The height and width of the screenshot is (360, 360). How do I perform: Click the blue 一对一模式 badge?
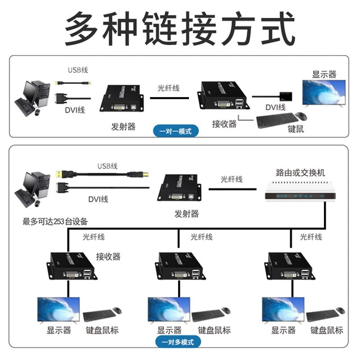pos(176,131)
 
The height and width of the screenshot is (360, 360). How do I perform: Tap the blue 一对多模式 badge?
pos(178,342)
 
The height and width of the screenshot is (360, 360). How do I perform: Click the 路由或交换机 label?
pos(301,173)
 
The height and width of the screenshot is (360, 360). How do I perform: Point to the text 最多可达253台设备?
pos(55,221)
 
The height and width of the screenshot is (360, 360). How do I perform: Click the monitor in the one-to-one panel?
pos(324,93)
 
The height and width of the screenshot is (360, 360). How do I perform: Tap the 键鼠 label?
pos(296,129)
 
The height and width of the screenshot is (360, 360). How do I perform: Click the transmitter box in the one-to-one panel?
pos(121,98)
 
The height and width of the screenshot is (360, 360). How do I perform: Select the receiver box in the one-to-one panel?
pos(223,95)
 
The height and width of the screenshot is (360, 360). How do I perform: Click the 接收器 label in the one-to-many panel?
pos(108,256)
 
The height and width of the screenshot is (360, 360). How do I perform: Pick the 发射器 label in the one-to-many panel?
pos(187,214)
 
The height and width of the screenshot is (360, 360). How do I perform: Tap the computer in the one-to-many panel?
pos(32,190)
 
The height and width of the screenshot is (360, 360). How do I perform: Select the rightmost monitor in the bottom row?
pos(283,310)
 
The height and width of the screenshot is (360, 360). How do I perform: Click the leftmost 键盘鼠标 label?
pos(102,331)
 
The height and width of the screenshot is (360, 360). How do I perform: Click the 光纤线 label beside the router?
pos(232,179)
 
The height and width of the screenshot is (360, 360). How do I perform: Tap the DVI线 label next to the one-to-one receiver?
pos(275,107)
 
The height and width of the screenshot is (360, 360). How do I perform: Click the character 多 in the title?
pos(82,29)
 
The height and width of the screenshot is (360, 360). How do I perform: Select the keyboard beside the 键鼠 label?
pos(277,120)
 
